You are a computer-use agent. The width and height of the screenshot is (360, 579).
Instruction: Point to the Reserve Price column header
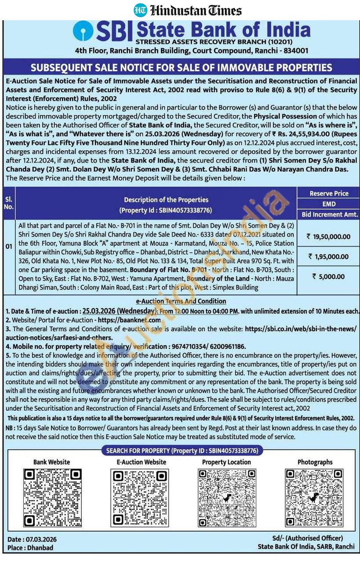[329, 193]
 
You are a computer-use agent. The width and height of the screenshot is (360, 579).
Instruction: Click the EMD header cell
[329, 204]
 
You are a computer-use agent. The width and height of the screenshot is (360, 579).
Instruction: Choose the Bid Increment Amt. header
[329, 215]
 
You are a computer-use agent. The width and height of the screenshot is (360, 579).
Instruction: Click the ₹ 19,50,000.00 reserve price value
[329, 237]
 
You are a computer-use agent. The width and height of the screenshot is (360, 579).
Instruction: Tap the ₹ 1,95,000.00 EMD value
[329, 257]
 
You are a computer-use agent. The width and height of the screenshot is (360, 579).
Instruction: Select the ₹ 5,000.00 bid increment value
[329, 277]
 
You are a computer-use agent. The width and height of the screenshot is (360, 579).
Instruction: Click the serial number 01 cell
[9, 246]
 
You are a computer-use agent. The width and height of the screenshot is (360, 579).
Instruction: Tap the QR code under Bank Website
[52, 498]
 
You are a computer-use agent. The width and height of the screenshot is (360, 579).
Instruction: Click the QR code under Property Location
[226, 498]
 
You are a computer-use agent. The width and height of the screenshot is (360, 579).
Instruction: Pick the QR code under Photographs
[314, 498]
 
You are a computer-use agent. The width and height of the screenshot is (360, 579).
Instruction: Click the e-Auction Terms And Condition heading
[181, 301]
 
